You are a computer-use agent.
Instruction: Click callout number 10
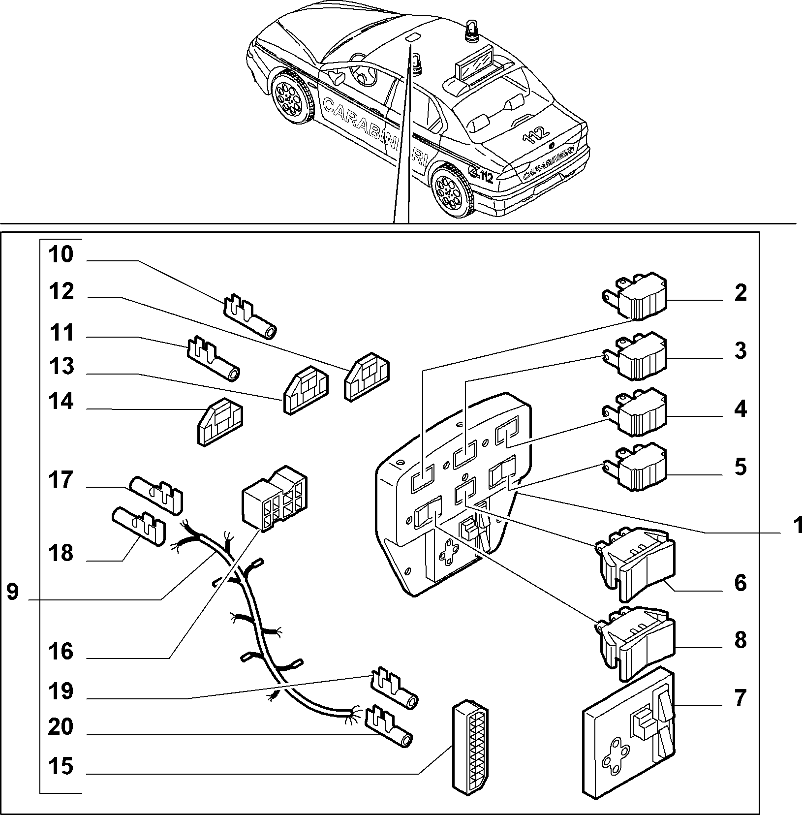[x=61, y=255]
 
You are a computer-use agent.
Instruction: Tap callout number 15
[x=61, y=766]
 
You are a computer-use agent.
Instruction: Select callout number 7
[x=740, y=697]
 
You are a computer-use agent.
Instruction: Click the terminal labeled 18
[x=138, y=526]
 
